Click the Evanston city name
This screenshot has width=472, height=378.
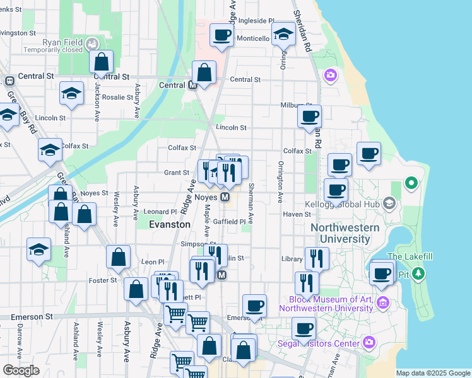point(169,224)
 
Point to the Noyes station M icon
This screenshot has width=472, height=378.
point(225,197)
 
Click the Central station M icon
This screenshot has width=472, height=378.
point(193,85)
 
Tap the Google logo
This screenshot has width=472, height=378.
point(21,370)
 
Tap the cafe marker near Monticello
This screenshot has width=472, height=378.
point(221,36)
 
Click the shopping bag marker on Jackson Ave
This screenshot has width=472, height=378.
point(101,63)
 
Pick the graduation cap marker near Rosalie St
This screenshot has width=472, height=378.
point(72,94)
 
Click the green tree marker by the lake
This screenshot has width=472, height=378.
point(411,184)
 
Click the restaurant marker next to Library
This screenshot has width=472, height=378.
point(317,258)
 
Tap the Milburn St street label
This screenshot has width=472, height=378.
point(295,105)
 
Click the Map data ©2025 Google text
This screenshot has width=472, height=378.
point(432,373)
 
